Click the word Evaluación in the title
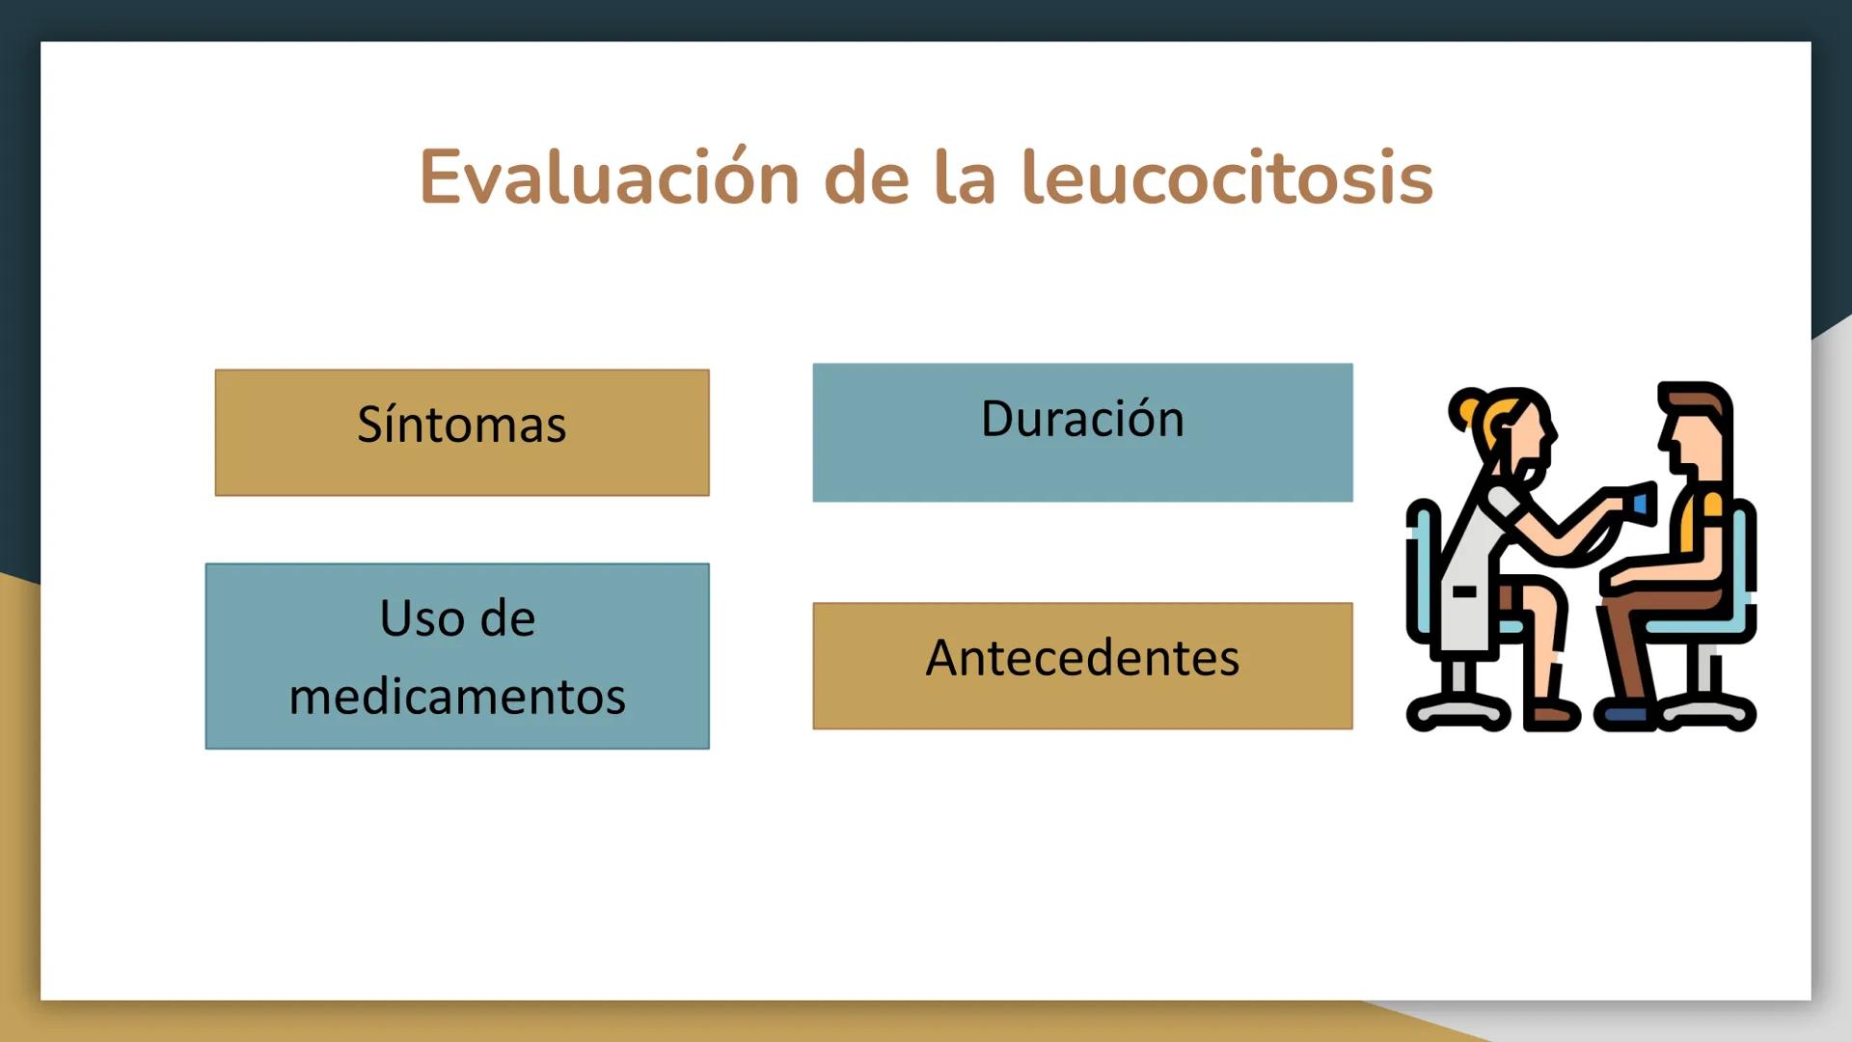coord(609,178)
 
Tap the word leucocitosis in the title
coord(1227,178)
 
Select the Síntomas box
coord(462,432)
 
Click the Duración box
coord(1082,432)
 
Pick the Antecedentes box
coord(1082,666)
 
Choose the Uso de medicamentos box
coord(457,656)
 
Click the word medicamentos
coord(457,697)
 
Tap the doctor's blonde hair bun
coord(1466,410)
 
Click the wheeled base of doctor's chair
coord(1458,712)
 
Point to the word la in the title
coord(965,178)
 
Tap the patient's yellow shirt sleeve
coord(1712,505)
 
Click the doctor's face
coord(1529,439)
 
